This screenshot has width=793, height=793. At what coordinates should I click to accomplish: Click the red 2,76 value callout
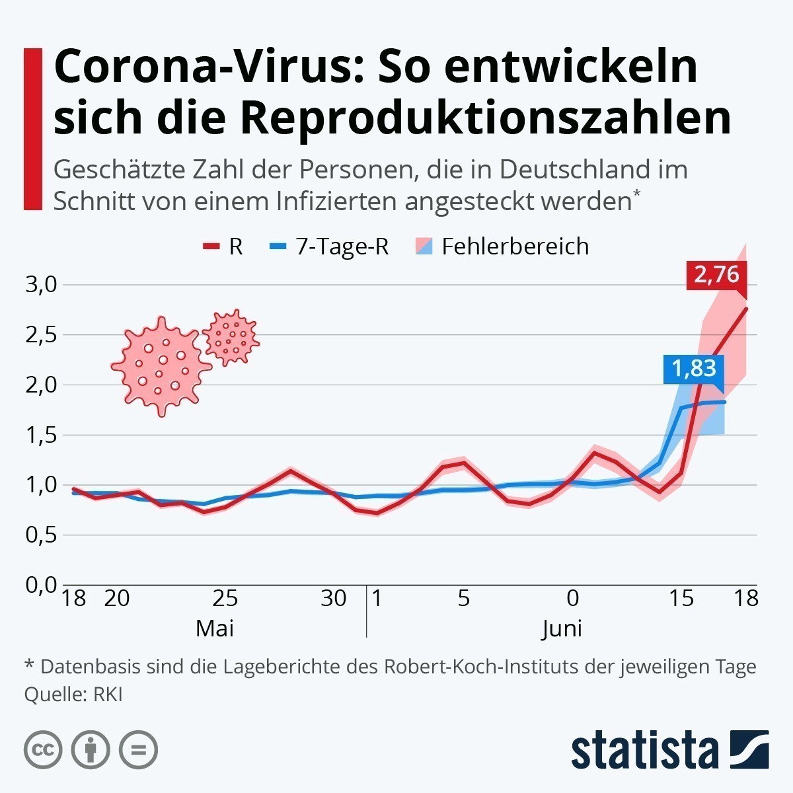pyautogui.click(x=716, y=274)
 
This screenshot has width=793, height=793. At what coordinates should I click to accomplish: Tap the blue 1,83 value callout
pyautogui.click(x=694, y=368)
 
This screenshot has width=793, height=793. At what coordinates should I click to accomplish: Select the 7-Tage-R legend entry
pyautogui.click(x=331, y=246)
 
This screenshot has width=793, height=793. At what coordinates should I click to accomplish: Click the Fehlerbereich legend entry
pyautogui.click(x=503, y=246)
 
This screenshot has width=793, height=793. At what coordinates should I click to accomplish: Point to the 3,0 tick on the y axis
pyautogui.click(x=42, y=285)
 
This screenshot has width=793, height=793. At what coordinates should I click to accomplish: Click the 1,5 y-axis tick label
pyautogui.click(x=42, y=435)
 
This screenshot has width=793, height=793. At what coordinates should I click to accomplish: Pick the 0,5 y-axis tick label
pyautogui.click(x=42, y=535)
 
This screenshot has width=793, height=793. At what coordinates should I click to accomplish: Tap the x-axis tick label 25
pyautogui.click(x=225, y=598)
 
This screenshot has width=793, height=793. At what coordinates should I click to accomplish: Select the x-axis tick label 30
pyautogui.click(x=333, y=598)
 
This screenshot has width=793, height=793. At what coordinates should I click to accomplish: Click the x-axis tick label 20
pyautogui.click(x=116, y=598)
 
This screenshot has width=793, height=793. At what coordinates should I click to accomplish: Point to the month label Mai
pyautogui.click(x=214, y=628)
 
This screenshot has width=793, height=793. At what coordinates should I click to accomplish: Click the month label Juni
pyautogui.click(x=562, y=628)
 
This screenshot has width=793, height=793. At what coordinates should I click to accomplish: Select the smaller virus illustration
pyautogui.click(x=231, y=337)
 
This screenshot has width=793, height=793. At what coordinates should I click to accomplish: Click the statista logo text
pyautogui.click(x=645, y=751)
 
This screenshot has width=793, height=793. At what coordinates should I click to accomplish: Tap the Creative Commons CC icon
pyautogui.click(x=43, y=750)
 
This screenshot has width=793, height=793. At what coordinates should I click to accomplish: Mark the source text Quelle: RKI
pyautogui.click(x=73, y=695)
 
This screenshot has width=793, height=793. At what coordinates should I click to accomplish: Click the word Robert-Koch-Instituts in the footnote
pyautogui.click(x=499, y=666)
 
